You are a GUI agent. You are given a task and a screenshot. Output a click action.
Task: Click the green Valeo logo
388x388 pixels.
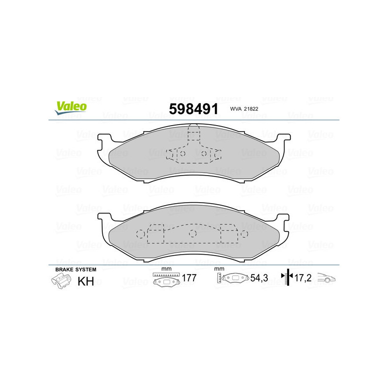70,108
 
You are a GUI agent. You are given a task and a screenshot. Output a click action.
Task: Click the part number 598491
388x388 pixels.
193,109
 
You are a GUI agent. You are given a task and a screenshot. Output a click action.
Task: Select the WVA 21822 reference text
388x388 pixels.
244,110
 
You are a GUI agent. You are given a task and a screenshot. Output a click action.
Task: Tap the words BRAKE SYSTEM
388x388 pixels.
76,269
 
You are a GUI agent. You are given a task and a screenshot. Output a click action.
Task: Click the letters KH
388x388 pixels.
86,281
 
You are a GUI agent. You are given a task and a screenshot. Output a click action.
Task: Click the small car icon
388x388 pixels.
326,279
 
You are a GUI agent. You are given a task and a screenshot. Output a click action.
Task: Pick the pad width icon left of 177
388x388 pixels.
165,280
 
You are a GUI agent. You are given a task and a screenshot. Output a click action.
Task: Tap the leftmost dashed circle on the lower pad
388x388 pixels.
140,233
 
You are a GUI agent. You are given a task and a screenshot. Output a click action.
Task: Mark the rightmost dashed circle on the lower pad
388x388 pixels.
245,233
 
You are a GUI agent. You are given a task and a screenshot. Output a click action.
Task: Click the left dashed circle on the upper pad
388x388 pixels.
177,153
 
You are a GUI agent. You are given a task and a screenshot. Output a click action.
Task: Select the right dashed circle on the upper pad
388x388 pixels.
204,153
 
